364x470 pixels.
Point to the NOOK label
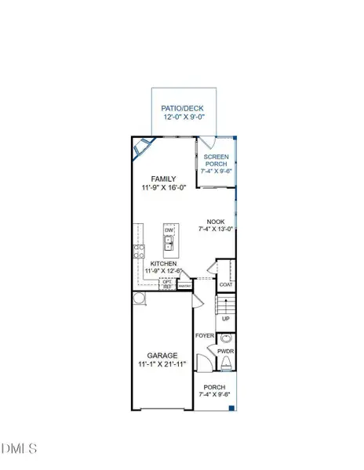click(217, 222)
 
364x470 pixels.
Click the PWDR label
click(226, 352)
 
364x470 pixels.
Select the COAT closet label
click(226, 285)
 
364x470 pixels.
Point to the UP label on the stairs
click(226, 319)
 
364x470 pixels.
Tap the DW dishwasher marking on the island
click(169, 230)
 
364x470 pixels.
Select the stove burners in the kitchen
click(140, 251)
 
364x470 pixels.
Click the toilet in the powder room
click(226, 363)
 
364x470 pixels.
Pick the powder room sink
click(226, 338)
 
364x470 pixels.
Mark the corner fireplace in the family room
click(143, 147)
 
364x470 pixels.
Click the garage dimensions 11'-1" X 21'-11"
click(162, 364)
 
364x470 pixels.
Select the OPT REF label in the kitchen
click(167, 284)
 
